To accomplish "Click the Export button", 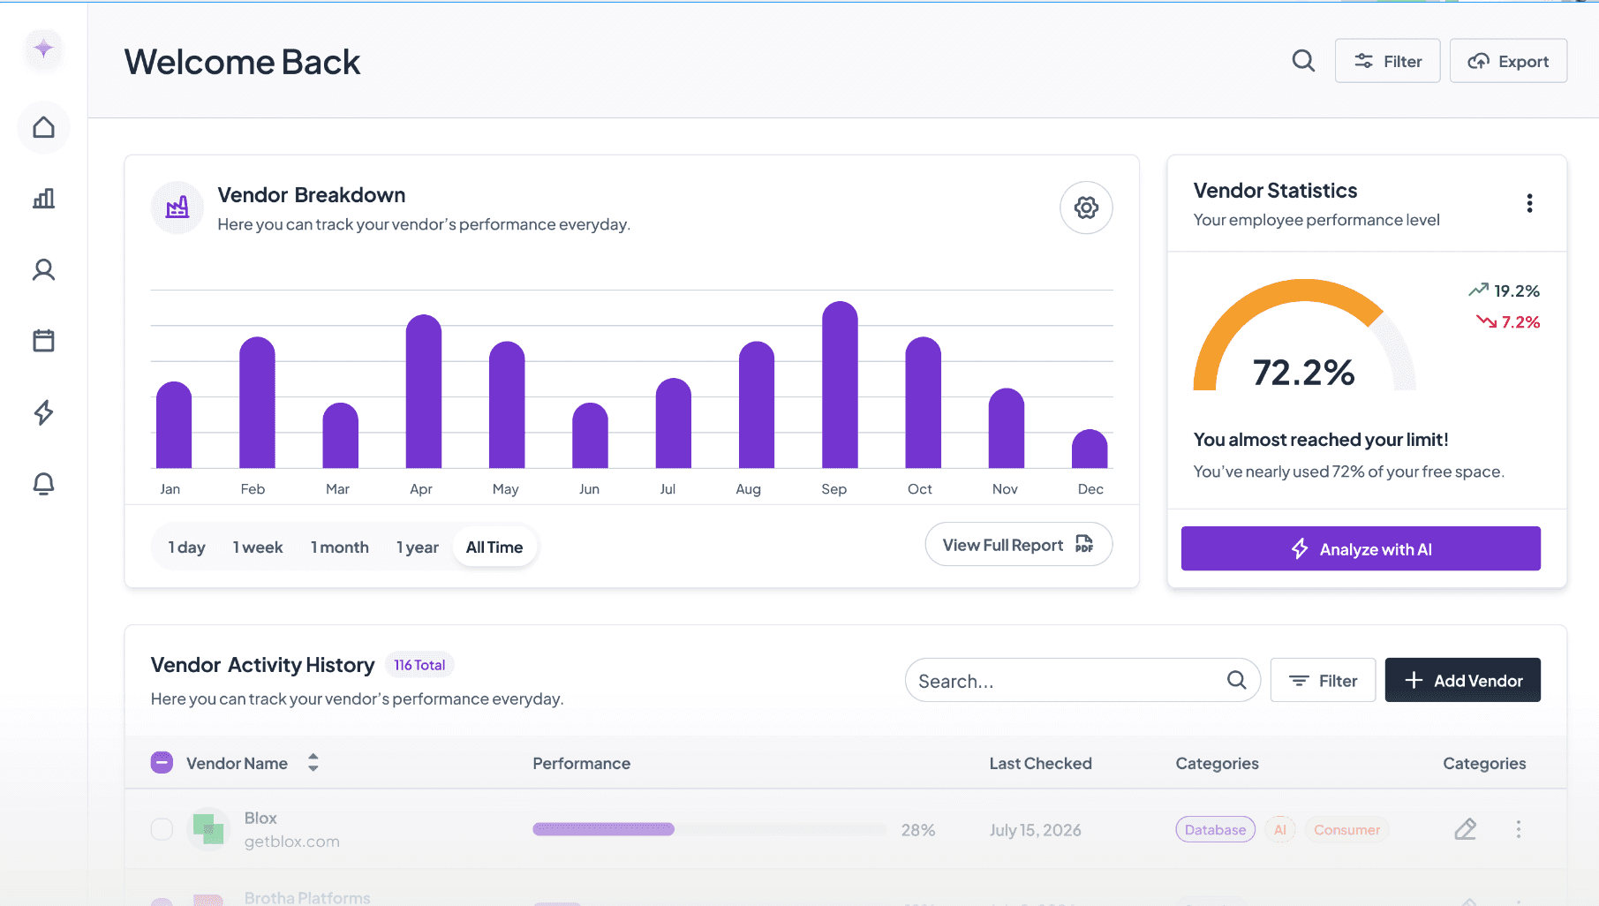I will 1508,61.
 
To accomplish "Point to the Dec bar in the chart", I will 1089,449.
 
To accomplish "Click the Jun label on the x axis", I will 589,489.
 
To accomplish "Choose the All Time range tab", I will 494,547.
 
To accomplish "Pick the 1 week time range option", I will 258,547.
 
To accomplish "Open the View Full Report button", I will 1018,545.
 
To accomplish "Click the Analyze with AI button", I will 1360,549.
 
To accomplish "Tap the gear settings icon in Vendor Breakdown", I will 1086,208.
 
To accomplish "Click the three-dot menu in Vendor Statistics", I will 1529,204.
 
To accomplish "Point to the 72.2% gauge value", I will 1303,373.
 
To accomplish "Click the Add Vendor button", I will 1462,680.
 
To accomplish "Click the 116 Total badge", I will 419,665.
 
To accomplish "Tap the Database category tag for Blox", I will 1215,830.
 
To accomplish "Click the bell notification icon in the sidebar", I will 43,484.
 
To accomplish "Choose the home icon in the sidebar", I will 43,128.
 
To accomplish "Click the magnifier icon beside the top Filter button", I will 1303,61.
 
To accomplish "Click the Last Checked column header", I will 1040,764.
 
